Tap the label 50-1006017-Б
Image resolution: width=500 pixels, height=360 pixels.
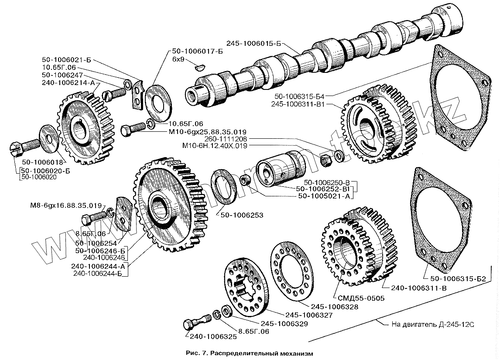pos(197,51)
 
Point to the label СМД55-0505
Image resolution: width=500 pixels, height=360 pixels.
pos(361,298)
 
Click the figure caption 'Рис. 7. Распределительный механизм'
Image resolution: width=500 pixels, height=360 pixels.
pos(250,353)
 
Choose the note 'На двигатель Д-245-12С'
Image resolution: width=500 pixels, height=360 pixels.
pos(433,325)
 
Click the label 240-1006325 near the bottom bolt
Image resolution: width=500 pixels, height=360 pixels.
pos(213,337)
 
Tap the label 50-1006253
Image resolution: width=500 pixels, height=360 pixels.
pos(242,215)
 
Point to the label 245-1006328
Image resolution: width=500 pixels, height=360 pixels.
pos(335,307)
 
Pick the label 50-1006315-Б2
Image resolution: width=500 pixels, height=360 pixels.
pos(456,279)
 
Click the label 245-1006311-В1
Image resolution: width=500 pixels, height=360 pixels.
pos(298,104)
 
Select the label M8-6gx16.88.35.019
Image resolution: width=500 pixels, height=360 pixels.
pos(66,206)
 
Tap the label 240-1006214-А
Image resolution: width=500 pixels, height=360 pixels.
pos(68,83)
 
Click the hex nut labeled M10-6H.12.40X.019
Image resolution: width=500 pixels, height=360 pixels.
pos(326,158)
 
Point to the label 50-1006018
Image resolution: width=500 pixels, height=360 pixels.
pos(42,162)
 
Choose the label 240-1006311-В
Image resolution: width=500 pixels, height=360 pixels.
pos(419,288)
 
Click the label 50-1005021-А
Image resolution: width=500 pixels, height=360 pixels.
pos(324,196)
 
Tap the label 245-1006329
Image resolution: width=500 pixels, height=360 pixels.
pos(284,324)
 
